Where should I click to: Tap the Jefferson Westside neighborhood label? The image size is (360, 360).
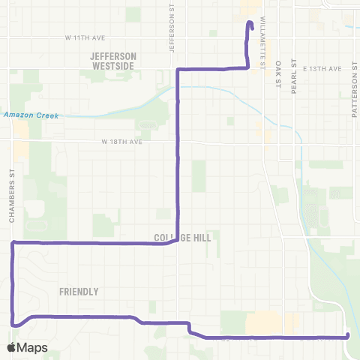113,61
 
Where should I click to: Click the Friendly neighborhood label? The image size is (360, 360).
79,292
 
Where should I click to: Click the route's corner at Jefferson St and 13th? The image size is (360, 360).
178,69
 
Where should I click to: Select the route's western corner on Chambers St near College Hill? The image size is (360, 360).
13,242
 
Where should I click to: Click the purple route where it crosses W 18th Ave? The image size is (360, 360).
177,142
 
